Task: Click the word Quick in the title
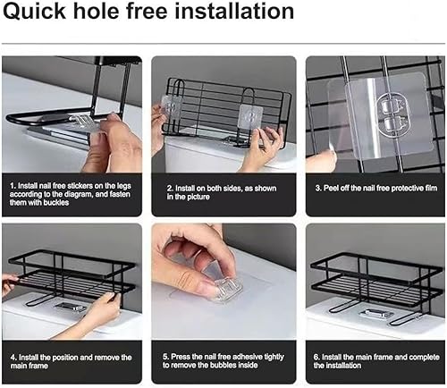click(34, 12)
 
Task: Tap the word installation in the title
click(234, 11)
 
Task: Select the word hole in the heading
click(97, 11)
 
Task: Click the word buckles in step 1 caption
click(56, 203)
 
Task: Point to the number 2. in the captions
click(170, 189)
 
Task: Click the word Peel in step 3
click(331, 189)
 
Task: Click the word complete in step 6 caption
click(425, 357)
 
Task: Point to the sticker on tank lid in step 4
click(71, 307)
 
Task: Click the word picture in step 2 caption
click(199, 197)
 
